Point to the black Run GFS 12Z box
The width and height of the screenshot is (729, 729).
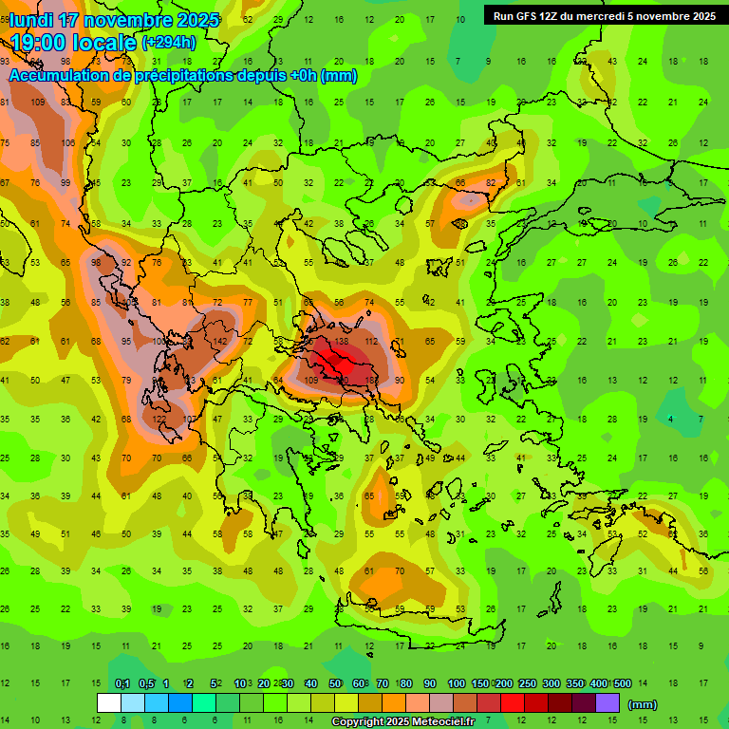[x=605, y=15]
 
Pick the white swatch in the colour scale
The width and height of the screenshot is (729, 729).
[x=109, y=702]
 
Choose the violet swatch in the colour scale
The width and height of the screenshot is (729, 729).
[x=607, y=702]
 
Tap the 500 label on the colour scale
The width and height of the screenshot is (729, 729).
[x=622, y=683]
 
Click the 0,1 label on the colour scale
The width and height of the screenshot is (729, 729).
[x=122, y=683]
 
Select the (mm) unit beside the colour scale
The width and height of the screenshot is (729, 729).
[x=643, y=704]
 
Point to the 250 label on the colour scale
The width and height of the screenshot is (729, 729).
[x=527, y=683]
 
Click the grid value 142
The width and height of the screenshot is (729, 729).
[x=220, y=341]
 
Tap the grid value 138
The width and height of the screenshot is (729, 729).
[x=342, y=341]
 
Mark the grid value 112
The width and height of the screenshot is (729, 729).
[x=372, y=341]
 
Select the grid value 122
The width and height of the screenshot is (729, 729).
[x=159, y=419]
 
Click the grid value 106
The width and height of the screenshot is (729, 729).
[x=68, y=143]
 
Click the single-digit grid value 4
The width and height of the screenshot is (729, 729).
[x=671, y=419]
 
